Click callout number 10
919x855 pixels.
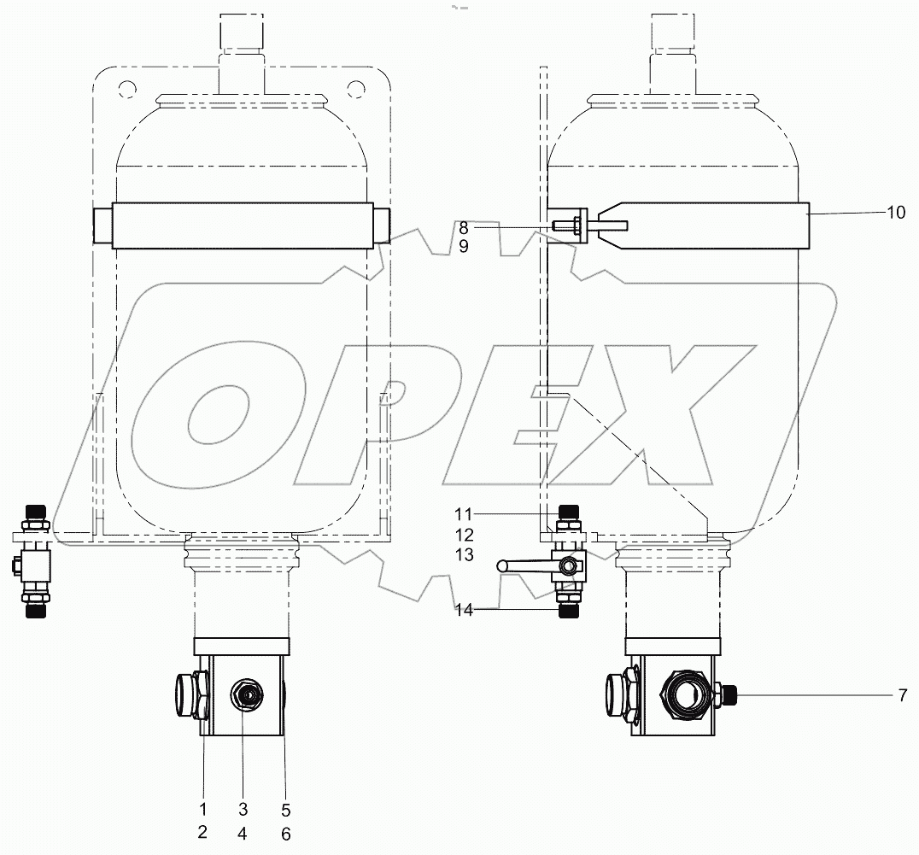point(895,213)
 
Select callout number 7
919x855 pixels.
point(901,696)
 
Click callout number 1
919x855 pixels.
point(202,809)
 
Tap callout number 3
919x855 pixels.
point(243,809)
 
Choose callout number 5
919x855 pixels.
point(285,809)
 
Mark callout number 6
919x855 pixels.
point(285,834)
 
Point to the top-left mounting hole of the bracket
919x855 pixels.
point(126,88)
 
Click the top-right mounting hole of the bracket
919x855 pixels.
point(354,88)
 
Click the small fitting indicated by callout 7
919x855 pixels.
point(726,694)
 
